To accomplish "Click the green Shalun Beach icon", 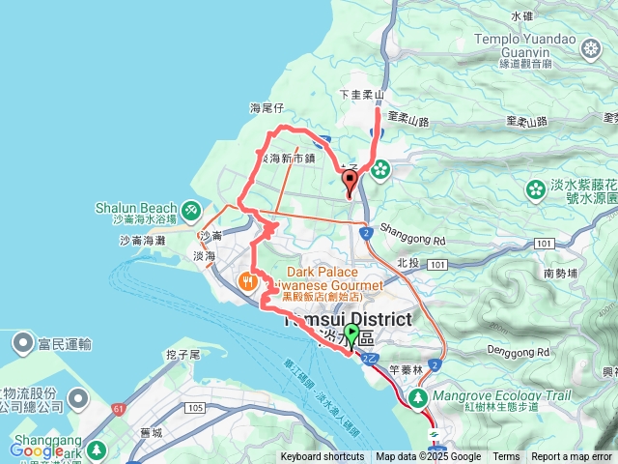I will (191, 208).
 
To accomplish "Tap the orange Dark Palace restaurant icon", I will (249, 281).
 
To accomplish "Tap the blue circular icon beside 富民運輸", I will (20, 342).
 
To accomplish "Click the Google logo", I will (37, 450).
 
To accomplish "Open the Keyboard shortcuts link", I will (323, 457).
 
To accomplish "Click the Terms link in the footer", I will (506, 457).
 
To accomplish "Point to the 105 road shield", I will (195, 408).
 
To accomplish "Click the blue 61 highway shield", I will (118, 409).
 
